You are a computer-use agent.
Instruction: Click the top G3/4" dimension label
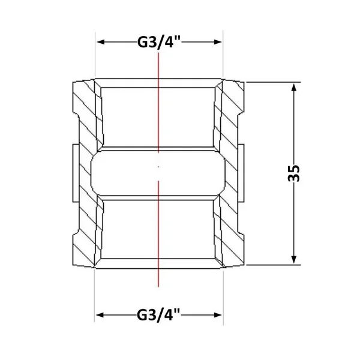pyautogui.click(x=159, y=43)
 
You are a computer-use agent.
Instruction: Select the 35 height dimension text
pyautogui.click(x=293, y=173)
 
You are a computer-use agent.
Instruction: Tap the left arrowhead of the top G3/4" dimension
pyautogui.click(x=101, y=42)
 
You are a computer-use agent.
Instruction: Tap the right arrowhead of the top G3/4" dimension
pyautogui.click(x=218, y=42)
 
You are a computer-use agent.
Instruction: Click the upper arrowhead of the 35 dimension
pyautogui.click(x=293, y=88)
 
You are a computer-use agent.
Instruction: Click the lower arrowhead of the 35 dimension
pyautogui.click(x=293, y=259)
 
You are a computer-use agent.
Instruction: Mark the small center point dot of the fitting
pyautogui.click(x=158, y=167)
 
